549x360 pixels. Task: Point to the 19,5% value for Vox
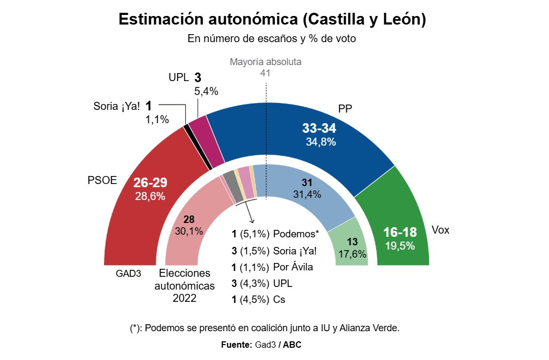[x=400, y=245]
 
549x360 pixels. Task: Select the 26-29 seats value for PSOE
[x=150, y=183]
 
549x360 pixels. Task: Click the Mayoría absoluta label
[x=266, y=62]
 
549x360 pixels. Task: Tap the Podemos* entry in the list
[x=296, y=234]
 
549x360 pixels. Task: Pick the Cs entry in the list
[x=279, y=300]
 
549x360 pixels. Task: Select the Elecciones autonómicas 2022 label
[x=185, y=286]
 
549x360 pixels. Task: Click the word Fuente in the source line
[x=236, y=345]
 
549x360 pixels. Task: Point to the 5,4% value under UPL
[x=206, y=91]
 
